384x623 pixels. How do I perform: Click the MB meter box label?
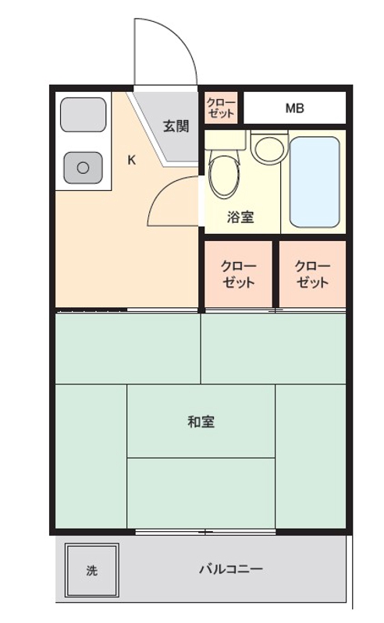click(x=294, y=108)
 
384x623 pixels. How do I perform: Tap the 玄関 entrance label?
click(x=176, y=126)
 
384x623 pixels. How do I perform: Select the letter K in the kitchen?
click(x=132, y=160)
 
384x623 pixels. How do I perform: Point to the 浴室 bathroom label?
click(x=240, y=217)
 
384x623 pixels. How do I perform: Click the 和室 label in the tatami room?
click(x=201, y=422)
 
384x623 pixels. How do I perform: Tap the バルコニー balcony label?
click(x=230, y=569)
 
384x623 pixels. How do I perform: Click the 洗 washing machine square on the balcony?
click(x=92, y=571)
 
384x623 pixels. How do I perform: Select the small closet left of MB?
click(x=221, y=108)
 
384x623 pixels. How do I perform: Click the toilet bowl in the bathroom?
click(x=224, y=176)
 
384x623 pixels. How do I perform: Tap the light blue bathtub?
click(x=315, y=182)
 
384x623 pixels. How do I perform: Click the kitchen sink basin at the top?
click(x=83, y=115)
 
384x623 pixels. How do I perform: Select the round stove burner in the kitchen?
click(x=83, y=168)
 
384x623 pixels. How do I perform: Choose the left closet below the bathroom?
click(x=238, y=274)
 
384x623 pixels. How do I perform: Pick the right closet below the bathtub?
click(x=312, y=274)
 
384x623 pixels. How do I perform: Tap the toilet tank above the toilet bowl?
click(x=225, y=140)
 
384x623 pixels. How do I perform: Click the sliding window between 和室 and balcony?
click(x=205, y=532)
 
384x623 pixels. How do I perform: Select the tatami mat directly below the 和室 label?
click(x=201, y=493)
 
